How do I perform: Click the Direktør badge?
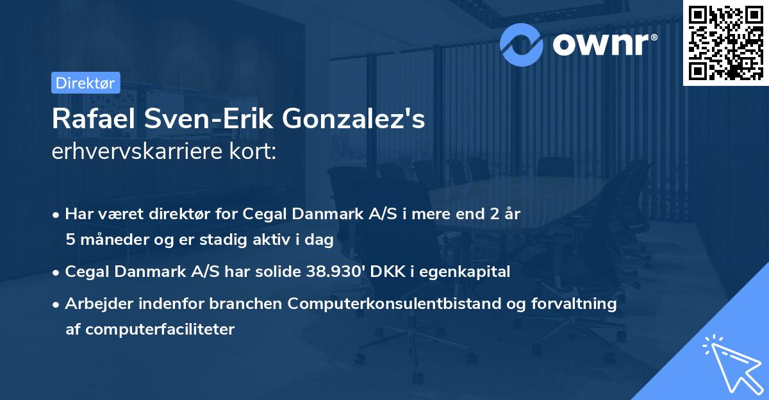[x=85, y=83]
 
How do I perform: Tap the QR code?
[x=725, y=42]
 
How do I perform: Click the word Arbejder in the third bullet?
[x=94, y=304]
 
